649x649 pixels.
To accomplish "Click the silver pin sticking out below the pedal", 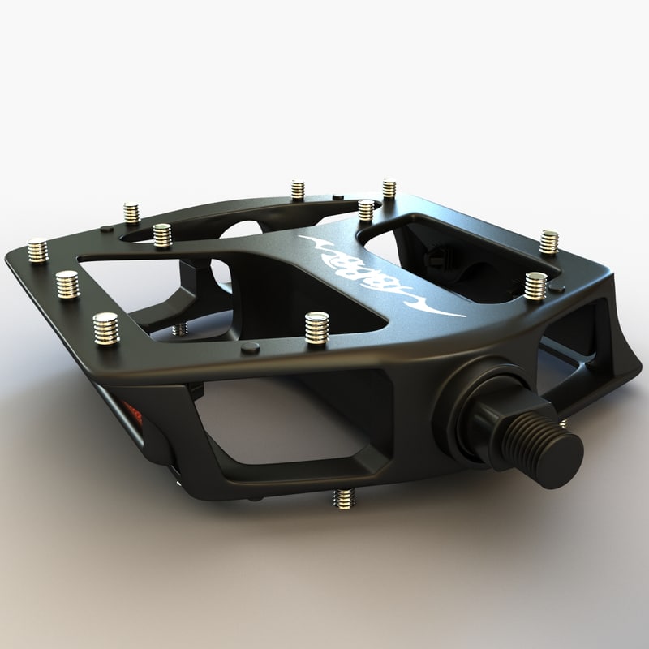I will (344, 498).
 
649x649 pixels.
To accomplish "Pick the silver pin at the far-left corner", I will (37, 250).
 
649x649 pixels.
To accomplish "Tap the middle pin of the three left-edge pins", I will (67, 284).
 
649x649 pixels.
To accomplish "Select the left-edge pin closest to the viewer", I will (105, 328).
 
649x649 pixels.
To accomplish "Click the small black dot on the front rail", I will (251, 347).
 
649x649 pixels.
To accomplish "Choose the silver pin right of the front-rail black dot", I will (316, 327).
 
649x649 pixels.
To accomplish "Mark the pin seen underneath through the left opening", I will (180, 329).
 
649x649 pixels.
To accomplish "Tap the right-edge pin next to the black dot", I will (535, 286).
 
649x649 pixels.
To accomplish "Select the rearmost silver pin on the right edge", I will (549, 242).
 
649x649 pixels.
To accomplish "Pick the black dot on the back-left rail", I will (106, 229).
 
